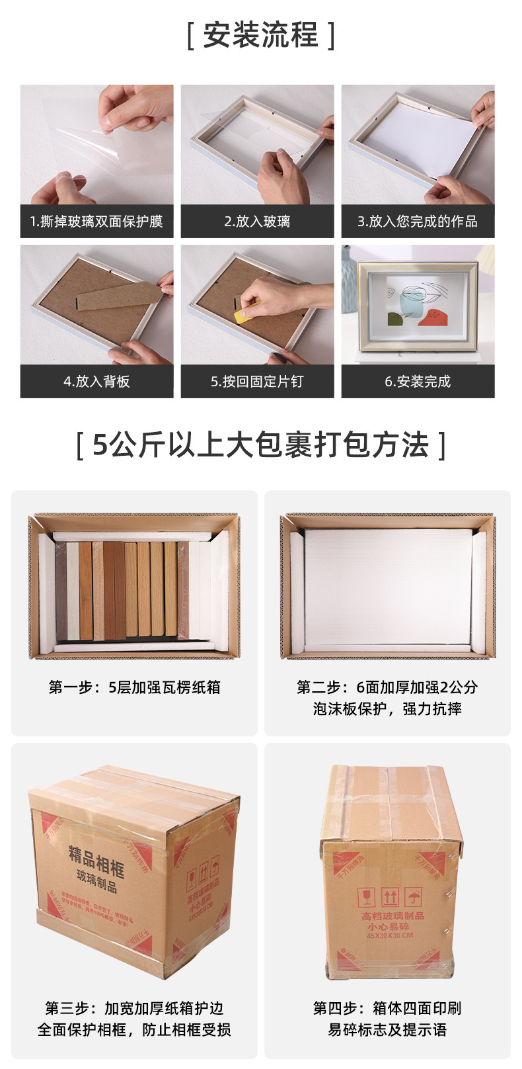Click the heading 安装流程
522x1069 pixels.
click(x=260, y=35)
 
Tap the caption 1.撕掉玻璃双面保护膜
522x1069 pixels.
click(x=96, y=222)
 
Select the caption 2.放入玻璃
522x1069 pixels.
click(x=257, y=222)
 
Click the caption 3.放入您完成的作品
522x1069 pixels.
click(x=418, y=222)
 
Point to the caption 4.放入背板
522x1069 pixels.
click(x=96, y=382)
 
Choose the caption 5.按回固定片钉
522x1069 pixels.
click(x=257, y=382)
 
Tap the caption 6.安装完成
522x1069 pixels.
click(x=418, y=382)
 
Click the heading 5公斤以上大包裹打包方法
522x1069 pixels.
click(x=260, y=445)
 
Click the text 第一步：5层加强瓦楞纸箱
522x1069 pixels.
click(x=134, y=687)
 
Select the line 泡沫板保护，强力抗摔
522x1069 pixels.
click(x=387, y=709)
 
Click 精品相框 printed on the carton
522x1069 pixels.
click(x=96, y=859)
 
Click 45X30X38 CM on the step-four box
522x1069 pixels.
click(x=390, y=936)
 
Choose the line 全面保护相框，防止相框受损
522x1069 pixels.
click(x=134, y=1030)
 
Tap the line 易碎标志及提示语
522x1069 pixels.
click(x=387, y=1030)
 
